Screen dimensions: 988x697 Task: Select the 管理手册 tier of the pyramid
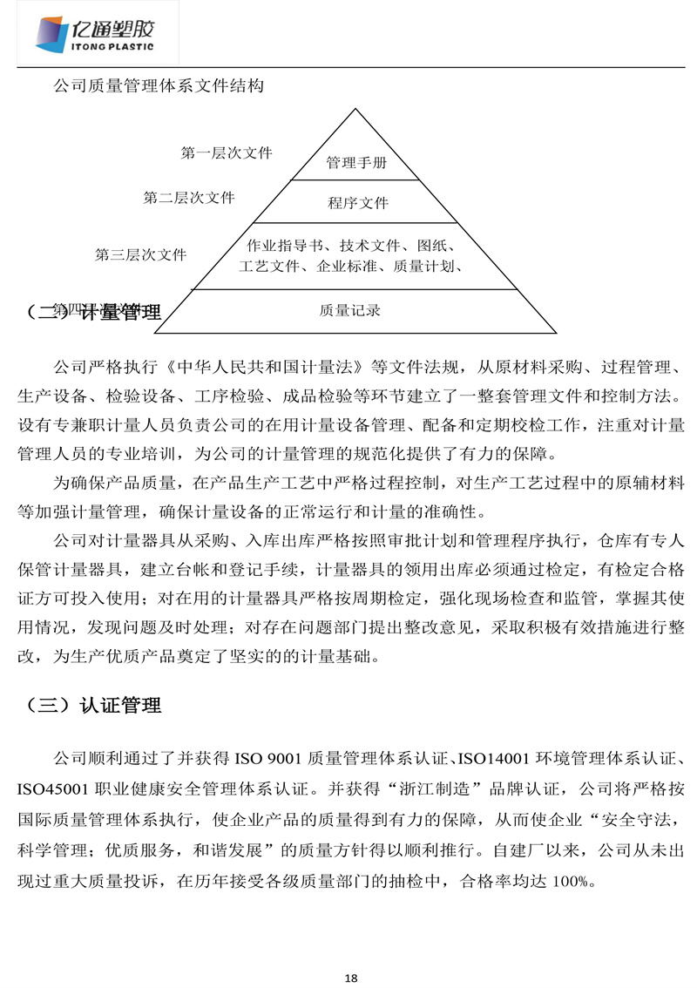[x=356, y=162]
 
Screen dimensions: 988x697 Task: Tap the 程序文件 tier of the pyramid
[x=358, y=203]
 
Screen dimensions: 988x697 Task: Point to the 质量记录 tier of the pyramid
[x=350, y=310]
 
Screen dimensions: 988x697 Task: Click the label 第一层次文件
[x=227, y=153]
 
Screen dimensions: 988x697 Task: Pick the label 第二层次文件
[x=189, y=198]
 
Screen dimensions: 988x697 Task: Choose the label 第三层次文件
[x=140, y=255]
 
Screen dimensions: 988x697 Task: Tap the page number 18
[x=351, y=977]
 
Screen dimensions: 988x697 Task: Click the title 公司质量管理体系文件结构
[x=159, y=86]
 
